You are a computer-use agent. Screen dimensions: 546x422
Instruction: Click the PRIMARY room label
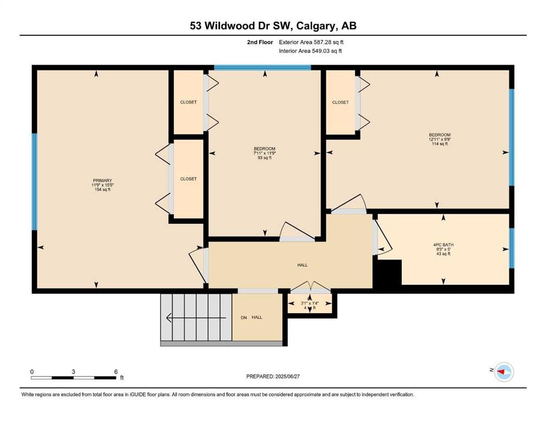[102, 180]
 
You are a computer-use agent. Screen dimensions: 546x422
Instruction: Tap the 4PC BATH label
[443, 245]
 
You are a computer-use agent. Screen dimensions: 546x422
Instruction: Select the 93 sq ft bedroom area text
[264, 158]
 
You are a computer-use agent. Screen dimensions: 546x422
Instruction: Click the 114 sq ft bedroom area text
[440, 143]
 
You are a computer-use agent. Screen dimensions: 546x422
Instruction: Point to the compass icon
[504, 371]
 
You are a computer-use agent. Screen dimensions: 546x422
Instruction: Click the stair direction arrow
[196, 318]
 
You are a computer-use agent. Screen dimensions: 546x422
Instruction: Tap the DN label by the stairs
[244, 318]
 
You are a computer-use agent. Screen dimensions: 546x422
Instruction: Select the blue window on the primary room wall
[35, 181]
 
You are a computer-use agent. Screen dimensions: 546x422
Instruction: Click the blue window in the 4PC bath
[511, 248]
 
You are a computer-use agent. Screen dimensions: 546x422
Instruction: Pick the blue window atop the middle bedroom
[262, 68]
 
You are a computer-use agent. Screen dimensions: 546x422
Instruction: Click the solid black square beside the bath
[387, 274]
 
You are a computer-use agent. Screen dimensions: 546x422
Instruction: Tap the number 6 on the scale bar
[116, 371]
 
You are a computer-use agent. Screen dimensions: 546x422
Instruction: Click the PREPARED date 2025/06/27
[287, 376]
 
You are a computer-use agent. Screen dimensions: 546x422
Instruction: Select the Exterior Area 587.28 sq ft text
[311, 42]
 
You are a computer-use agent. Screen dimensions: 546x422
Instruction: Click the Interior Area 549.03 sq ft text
[310, 51]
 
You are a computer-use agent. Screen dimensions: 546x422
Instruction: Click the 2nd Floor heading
[260, 42]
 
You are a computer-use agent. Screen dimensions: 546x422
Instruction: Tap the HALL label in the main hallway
[302, 265]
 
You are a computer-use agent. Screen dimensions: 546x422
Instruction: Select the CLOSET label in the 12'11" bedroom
[340, 102]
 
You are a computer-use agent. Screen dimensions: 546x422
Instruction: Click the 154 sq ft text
[102, 190]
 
